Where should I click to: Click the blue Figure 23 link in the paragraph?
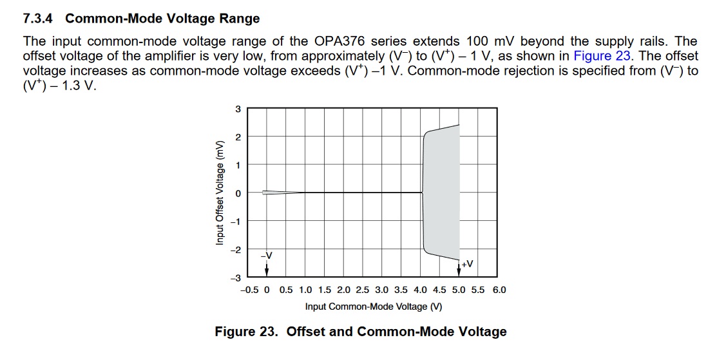coord(602,56)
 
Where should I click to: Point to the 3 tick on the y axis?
coord(238,109)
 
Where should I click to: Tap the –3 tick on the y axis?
coord(236,278)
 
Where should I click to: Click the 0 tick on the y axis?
coord(238,193)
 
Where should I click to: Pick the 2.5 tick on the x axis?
coord(362,290)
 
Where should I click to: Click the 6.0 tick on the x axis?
coord(499,290)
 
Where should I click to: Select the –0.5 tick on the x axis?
coord(249,290)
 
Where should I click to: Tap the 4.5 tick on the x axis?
coord(441,290)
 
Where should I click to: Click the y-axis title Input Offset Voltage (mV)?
coord(220,193)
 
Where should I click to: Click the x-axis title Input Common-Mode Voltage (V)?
coord(374,307)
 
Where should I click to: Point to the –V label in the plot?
coord(267,256)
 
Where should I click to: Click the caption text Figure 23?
coord(248,332)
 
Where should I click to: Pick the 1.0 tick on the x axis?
coord(305,290)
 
